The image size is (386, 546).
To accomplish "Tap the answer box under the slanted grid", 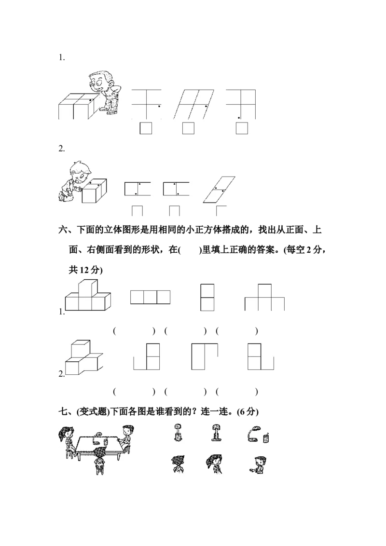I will click(x=188, y=128).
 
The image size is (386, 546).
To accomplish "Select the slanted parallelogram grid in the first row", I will click(x=192, y=104).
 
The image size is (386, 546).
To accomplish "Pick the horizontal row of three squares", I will click(x=150, y=297).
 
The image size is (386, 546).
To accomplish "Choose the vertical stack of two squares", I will click(x=207, y=298).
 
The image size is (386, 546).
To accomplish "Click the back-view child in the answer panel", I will click(x=177, y=464).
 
